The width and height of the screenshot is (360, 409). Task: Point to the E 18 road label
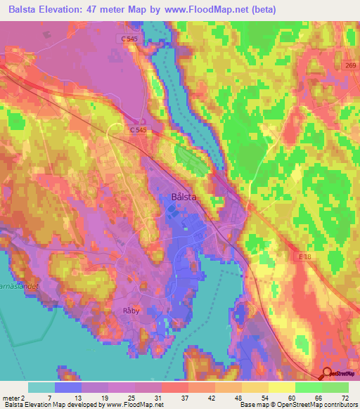click(304, 258)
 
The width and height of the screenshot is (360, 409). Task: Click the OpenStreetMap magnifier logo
click(326, 375)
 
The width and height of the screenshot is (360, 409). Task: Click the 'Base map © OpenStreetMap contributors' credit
click(297, 405)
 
